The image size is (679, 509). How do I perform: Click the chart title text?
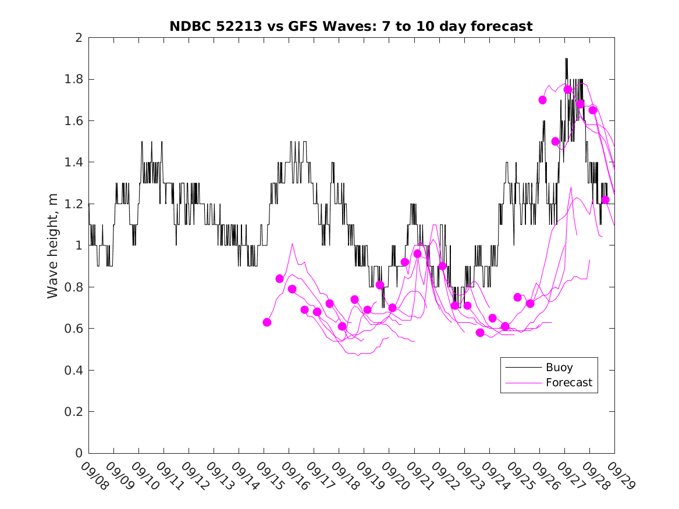(x=351, y=26)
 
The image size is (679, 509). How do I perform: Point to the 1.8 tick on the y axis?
(x=74, y=79)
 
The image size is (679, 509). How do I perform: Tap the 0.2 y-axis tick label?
(x=74, y=412)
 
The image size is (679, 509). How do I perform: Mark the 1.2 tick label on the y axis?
(x=74, y=204)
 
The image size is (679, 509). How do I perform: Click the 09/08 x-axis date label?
(x=94, y=476)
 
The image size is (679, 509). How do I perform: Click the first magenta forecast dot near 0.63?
(x=267, y=322)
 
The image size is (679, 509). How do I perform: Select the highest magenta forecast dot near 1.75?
(x=568, y=90)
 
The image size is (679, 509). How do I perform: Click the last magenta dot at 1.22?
(x=605, y=200)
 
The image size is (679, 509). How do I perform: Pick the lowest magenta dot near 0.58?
(x=480, y=333)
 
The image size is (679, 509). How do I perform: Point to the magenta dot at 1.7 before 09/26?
(x=542, y=100)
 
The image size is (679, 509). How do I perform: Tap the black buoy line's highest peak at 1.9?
(x=566, y=59)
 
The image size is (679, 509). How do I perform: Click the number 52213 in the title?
(x=234, y=26)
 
